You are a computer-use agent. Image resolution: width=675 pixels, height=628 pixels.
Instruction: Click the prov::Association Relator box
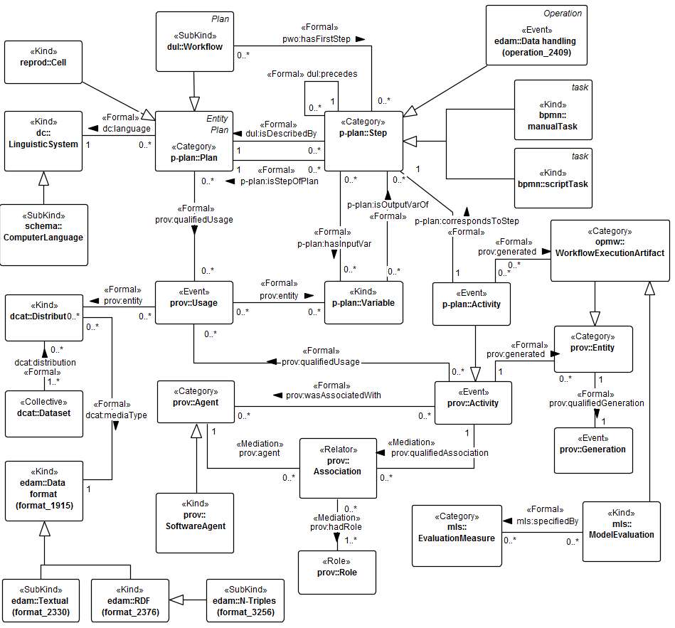click(x=337, y=467)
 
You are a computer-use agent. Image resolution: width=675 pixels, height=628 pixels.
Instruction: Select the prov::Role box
click(x=337, y=572)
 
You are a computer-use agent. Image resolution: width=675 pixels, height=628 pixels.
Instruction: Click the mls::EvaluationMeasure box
click(x=457, y=534)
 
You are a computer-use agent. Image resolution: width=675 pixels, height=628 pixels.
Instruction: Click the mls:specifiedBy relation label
click(x=543, y=520)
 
